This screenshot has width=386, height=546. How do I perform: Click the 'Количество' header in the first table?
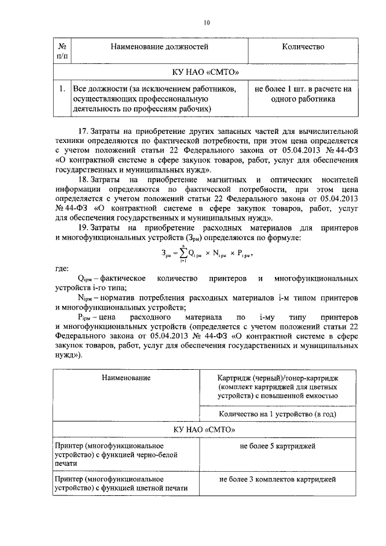303,46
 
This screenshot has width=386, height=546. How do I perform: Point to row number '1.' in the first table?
62,89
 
